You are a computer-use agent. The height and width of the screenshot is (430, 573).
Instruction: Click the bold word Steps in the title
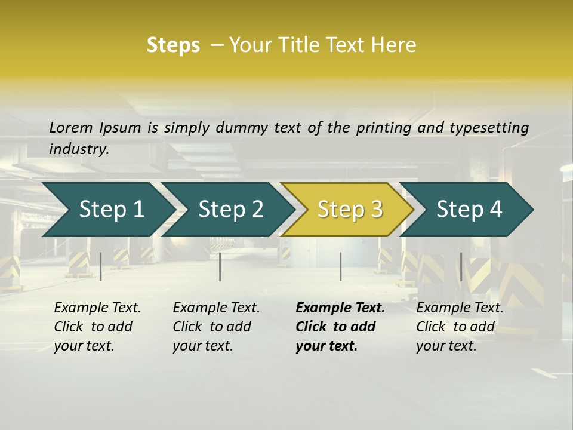tap(173, 45)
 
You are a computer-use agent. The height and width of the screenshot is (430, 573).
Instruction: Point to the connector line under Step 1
tap(101, 266)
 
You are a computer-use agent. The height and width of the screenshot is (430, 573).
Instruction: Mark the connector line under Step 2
tap(220, 266)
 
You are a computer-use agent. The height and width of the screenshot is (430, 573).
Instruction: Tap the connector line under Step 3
tap(340, 266)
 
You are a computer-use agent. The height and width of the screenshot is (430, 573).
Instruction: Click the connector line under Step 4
tap(461, 266)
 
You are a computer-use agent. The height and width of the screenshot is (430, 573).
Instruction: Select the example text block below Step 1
tap(97, 327)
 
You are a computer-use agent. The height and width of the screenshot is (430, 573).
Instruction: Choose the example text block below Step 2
tap(216, 327)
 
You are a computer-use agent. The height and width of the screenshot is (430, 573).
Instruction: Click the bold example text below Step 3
tap(340, 327)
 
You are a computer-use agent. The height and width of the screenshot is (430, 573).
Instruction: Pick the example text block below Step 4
tap(460, 327)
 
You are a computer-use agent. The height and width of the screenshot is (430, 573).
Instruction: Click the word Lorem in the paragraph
tap(71, 128)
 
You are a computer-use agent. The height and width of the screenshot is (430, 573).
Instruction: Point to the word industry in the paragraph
tap(78, 149)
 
